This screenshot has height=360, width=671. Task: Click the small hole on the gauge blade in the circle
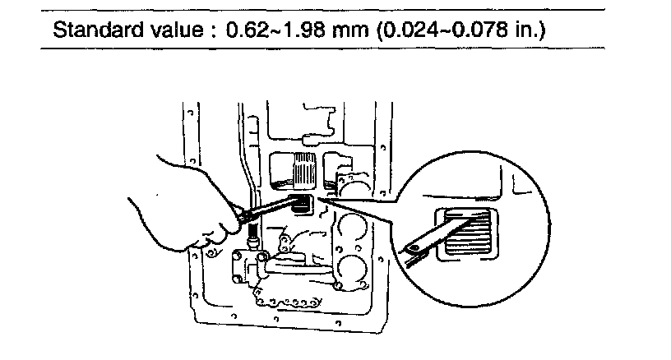410,245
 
